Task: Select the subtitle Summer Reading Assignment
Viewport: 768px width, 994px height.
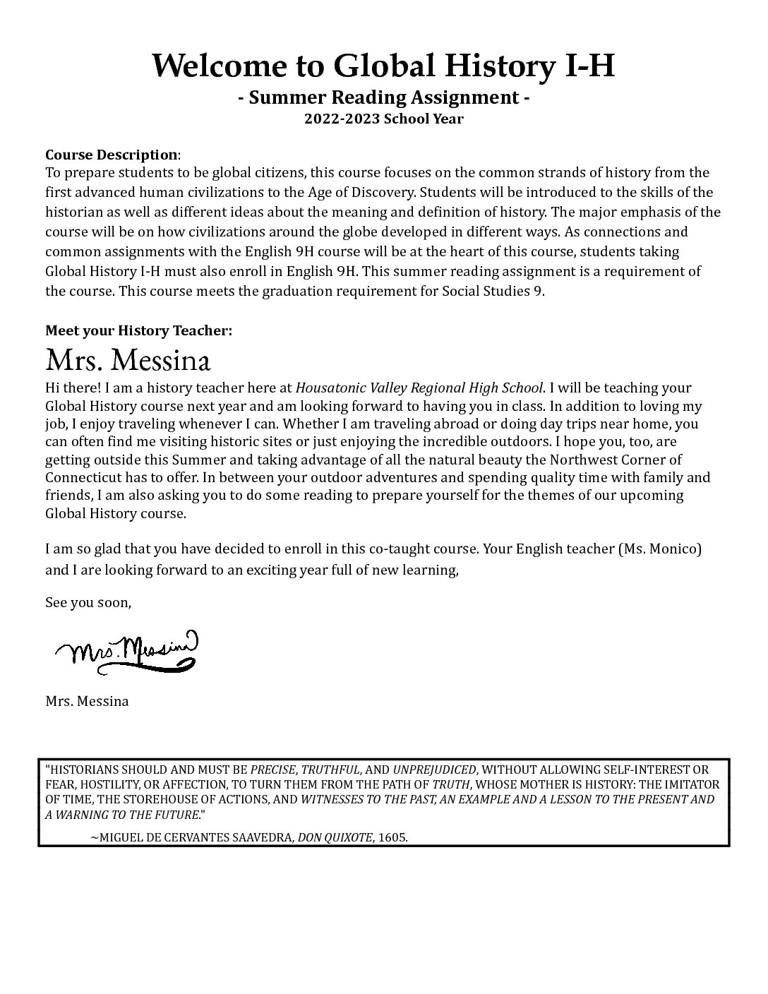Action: coord(384,97)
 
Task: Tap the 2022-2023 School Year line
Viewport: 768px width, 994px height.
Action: coord(384,119)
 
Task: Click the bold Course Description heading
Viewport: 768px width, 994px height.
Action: coord(112,155)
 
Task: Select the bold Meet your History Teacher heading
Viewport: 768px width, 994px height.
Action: coord(138,330)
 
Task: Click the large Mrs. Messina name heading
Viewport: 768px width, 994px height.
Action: coord(128,360)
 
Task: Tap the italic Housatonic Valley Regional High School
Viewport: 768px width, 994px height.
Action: coord(419,388)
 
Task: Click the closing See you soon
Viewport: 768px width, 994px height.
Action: coord(88,603)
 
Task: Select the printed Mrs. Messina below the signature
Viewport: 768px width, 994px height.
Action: coord(87,702)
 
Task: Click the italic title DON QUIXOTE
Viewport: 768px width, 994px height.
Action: coord(335,837)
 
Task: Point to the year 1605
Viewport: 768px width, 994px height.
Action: coord(392,837)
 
